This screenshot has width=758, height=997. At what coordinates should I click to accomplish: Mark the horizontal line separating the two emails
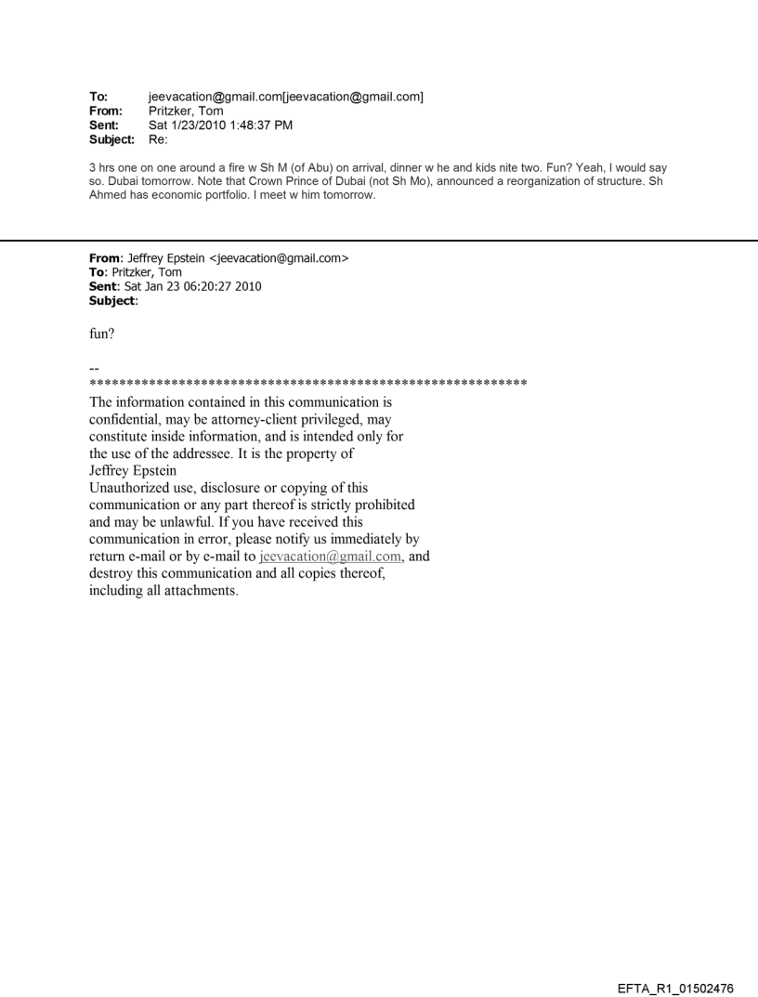pyautogui.click(x=379, y=241)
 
